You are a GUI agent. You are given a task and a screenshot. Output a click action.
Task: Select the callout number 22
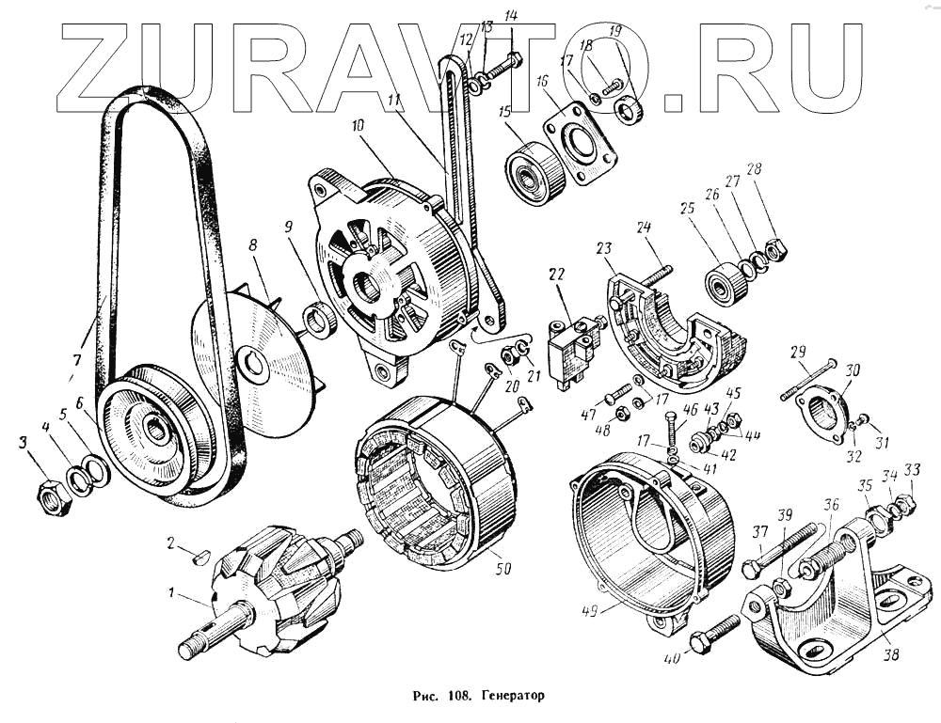click(x=557, y=274)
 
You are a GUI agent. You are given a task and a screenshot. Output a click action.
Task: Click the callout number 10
click(x=359, y=125)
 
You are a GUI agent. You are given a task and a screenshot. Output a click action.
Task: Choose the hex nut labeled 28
click(x=776, y=250)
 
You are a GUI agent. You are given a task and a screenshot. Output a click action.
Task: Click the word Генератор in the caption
click(x=513, y=698)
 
